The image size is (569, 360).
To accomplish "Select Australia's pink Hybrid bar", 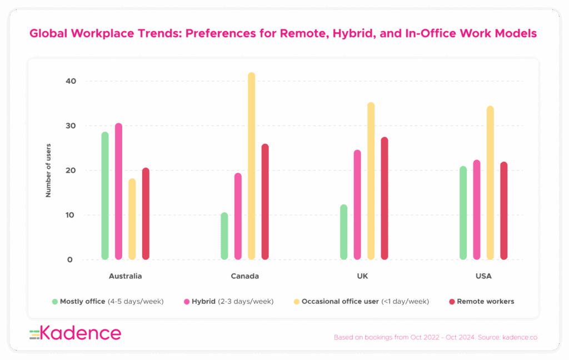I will [118, 191].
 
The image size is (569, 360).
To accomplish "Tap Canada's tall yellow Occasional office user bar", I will [251, 166].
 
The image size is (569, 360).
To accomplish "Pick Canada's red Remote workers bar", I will [265, 202].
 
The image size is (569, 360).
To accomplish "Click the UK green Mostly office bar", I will [344, 232].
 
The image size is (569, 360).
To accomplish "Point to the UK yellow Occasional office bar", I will [371, 181].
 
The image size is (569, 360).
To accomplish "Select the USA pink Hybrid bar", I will [477, 209].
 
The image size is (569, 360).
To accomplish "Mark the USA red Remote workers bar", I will [503, 211].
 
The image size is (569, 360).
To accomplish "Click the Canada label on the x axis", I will [244, 276].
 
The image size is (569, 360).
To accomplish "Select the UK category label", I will [363, 276].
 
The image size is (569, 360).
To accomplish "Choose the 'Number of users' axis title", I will [48, 170].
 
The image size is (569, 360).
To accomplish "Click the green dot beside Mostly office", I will [55, 302].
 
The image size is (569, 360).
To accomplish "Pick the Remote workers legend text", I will [485, 302].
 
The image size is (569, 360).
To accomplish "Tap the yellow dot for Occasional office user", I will [297, 302].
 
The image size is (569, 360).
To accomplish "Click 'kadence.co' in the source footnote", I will [518, 337].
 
